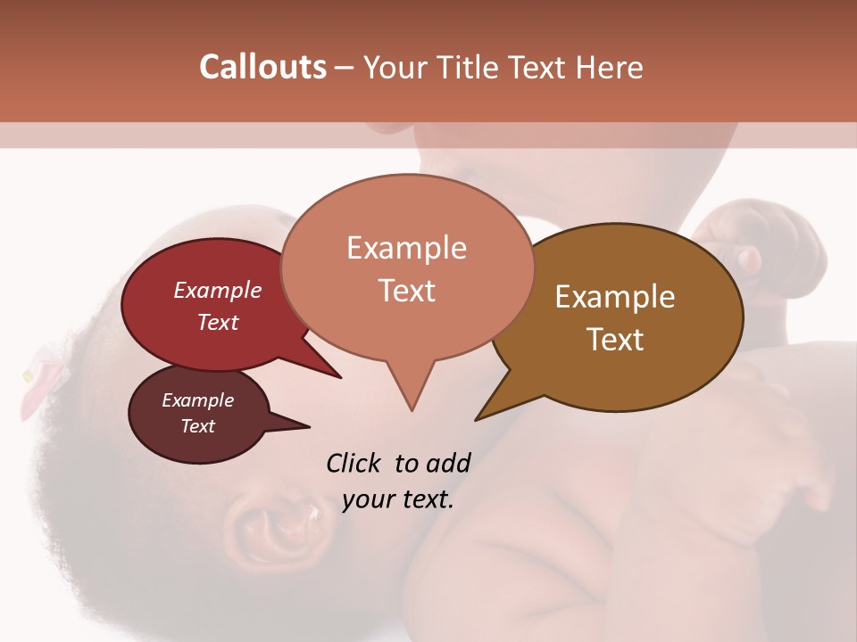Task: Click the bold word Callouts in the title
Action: pos(262,67)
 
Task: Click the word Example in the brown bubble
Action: pos(615,297)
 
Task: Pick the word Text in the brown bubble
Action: pos(615,340)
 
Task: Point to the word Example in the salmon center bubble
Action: pos(406,248)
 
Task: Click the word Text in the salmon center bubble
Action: pos(406,291)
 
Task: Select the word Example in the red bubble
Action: pos(217,291)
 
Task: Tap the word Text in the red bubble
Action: pos(217,322)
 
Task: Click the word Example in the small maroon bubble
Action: pos(197,400)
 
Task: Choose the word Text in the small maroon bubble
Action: pos(197,426)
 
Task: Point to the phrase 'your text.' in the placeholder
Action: pos(398,499)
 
